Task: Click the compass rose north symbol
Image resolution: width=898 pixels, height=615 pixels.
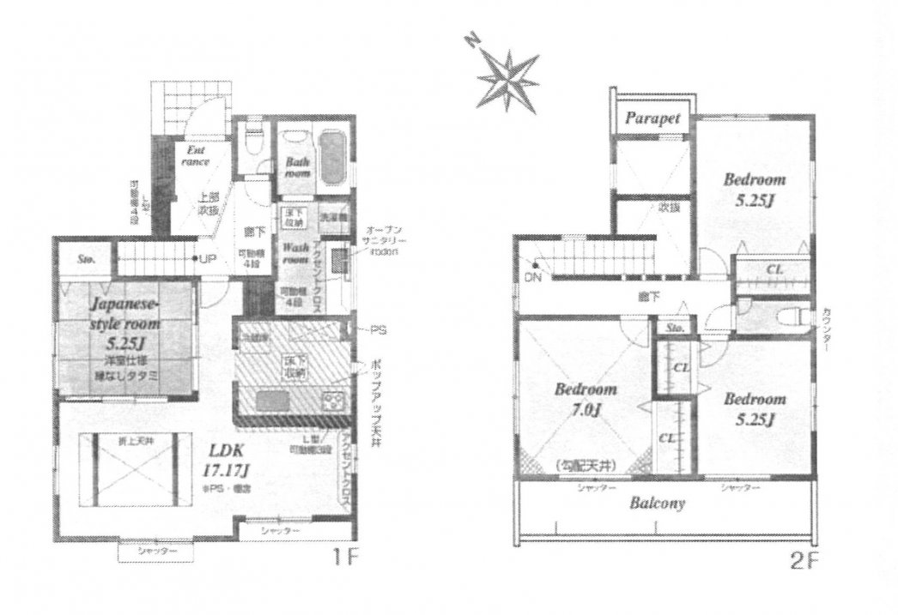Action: click(507, 76)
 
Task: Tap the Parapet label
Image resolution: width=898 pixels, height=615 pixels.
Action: click(652, 118)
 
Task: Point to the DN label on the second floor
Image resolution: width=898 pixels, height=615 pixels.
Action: click(533, 276)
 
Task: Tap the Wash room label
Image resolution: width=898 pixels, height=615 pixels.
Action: click(295, 251)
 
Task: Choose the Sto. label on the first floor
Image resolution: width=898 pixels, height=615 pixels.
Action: click(86, 257)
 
